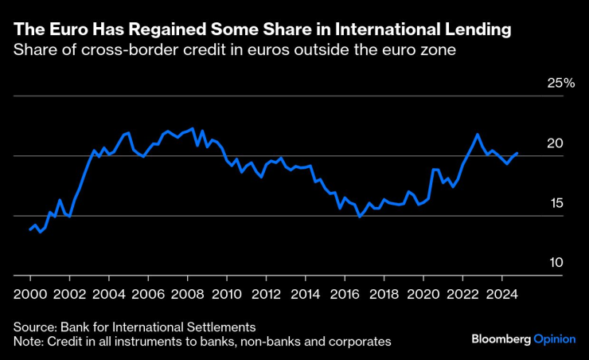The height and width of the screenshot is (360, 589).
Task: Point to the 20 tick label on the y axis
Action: pos(555,143)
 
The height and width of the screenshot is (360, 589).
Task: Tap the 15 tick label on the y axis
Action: pos(555,203)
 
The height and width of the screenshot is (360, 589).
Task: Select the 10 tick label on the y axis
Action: pos(555,263)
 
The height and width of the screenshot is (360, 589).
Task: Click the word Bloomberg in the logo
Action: pos(500,338)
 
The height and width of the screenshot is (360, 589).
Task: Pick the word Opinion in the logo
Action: pos(554,338)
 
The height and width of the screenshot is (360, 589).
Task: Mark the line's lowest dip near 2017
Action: pos(359,216)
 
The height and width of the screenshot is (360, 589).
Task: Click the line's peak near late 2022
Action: pos(477,134)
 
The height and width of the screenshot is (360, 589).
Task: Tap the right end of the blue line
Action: pos(517,153)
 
